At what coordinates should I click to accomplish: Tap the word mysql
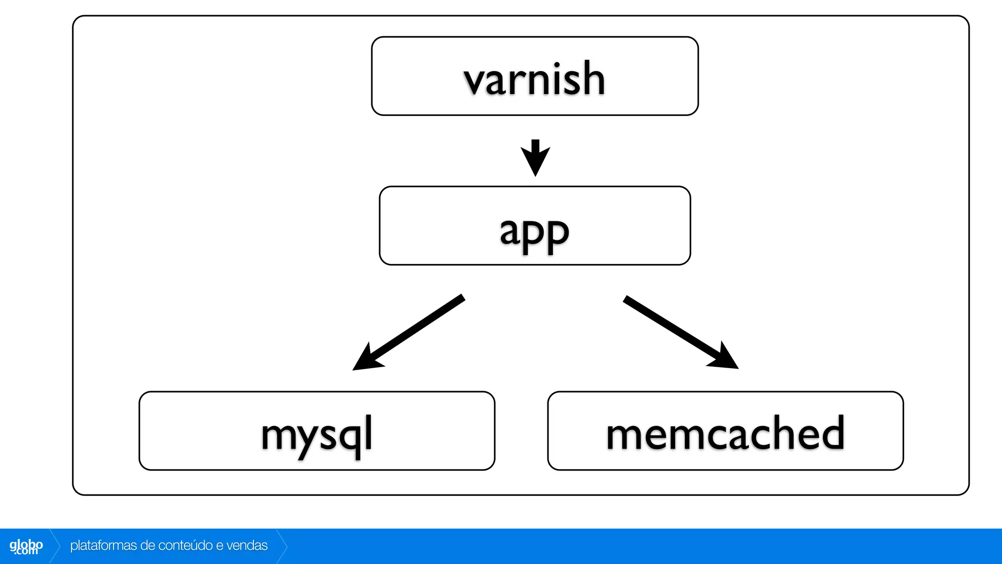(317, 434)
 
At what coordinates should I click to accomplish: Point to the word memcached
(725, 433)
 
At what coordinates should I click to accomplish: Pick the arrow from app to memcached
(680, 332)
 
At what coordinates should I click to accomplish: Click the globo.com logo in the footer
(26, 546)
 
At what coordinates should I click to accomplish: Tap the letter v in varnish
(475, 81)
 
